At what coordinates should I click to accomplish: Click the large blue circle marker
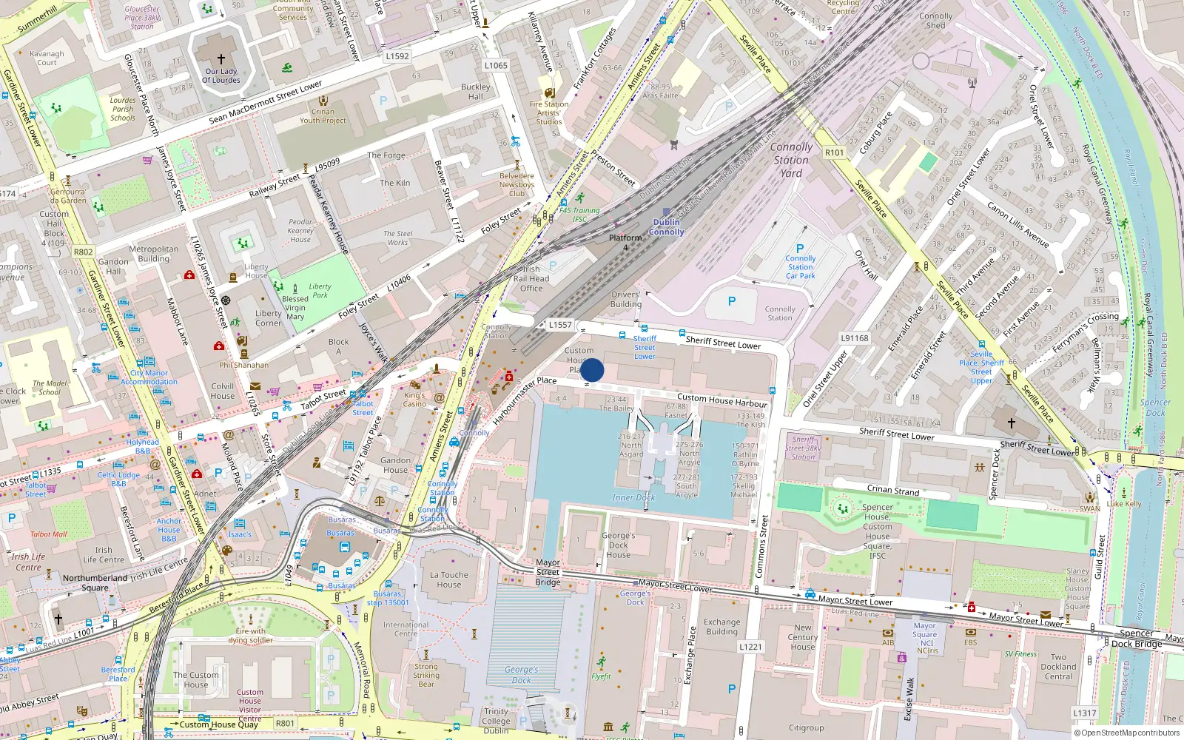click(592, 370)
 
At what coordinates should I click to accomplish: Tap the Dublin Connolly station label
click(666, 227)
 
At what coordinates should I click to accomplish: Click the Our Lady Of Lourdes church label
click(221, 75)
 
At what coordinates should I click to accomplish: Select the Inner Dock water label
click(633, 497)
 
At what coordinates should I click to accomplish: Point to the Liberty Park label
click(320, 290)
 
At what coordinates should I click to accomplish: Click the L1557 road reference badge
click(560, 325)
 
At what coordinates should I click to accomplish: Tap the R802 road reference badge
click(83, 252)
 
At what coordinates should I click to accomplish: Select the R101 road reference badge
click(834, 152)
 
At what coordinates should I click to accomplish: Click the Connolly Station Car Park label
click(800, 267)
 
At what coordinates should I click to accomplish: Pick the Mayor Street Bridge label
click(548, 572)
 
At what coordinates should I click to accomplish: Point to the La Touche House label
click(448, 579)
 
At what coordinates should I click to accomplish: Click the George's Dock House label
click(618, 545)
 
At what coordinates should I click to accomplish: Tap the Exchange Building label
click(721, 627)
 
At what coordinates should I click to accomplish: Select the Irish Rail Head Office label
click(531, 279)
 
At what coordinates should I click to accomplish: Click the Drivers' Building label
click(625, 299)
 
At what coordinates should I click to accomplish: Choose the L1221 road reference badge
click(750, 647)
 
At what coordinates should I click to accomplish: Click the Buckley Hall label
click(475, 92)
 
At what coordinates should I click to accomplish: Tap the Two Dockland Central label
click(1058, 667)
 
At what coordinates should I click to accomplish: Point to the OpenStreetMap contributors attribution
click(1126, 733)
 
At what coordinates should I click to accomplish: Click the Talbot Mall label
click(48, 534)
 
